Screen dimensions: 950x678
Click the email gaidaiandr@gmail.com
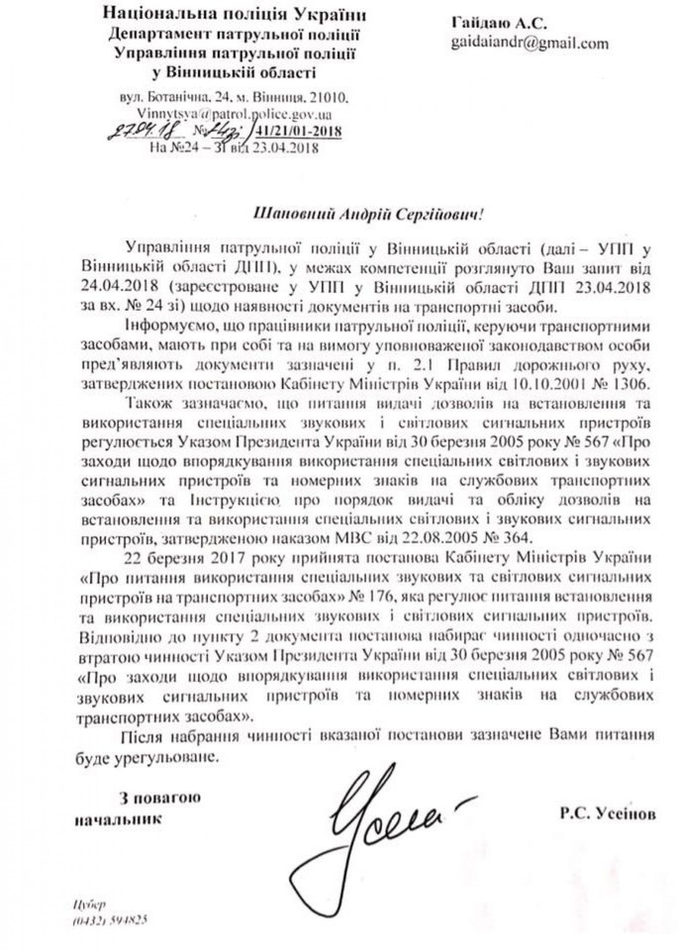(x=529, y=44)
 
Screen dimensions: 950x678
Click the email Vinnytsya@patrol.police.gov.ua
(x=228, y=114)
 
